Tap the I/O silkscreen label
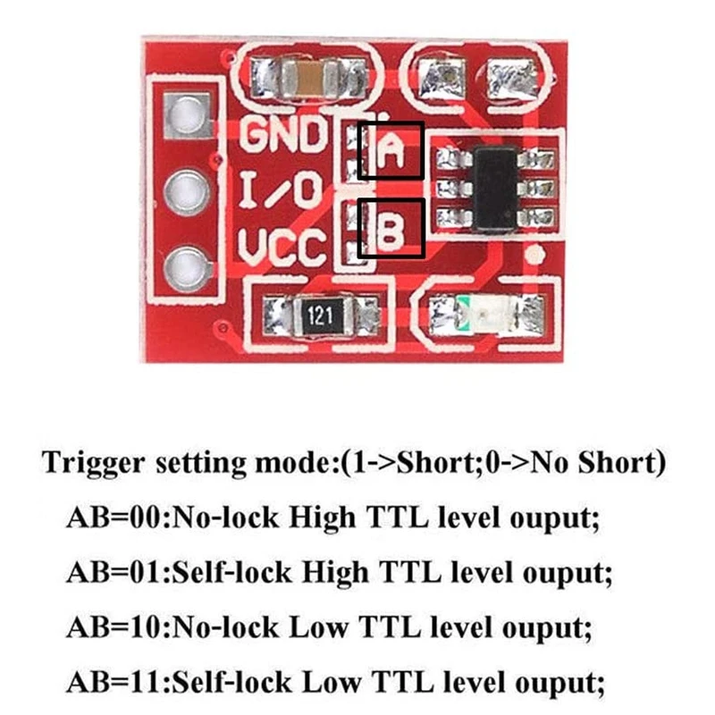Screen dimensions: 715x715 (x=282, y=190)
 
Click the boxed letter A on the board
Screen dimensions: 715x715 (x=391, y=151)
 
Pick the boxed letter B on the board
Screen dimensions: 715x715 (x=391, y=230)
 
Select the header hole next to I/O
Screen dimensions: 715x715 (x=186, y=189)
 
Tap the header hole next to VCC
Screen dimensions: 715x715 (x=186, y=265)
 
